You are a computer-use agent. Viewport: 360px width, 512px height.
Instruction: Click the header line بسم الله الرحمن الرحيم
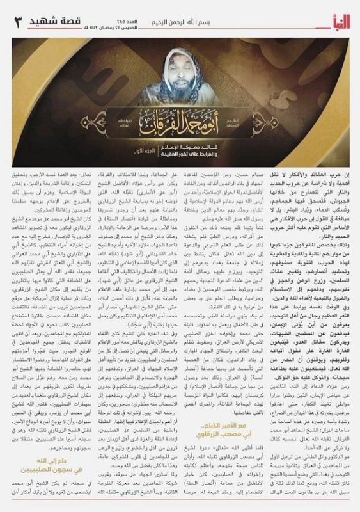point(185,9)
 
